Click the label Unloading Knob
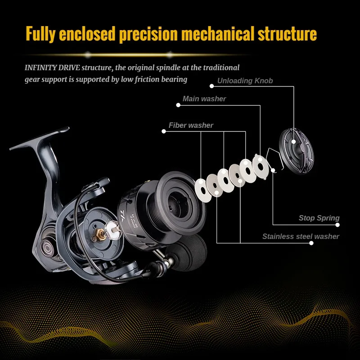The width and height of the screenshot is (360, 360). pos(245,81)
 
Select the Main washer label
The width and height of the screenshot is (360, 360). pos(204,99)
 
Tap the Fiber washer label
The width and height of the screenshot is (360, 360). pos(191,125)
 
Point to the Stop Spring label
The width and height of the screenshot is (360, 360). pos(319,218)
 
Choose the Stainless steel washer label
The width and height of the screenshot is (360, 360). pos(301,236)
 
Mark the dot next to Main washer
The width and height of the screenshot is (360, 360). pos(178,105)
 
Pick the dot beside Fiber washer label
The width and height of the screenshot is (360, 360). pos(164,131)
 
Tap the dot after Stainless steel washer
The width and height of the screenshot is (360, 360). pos(311,243)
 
